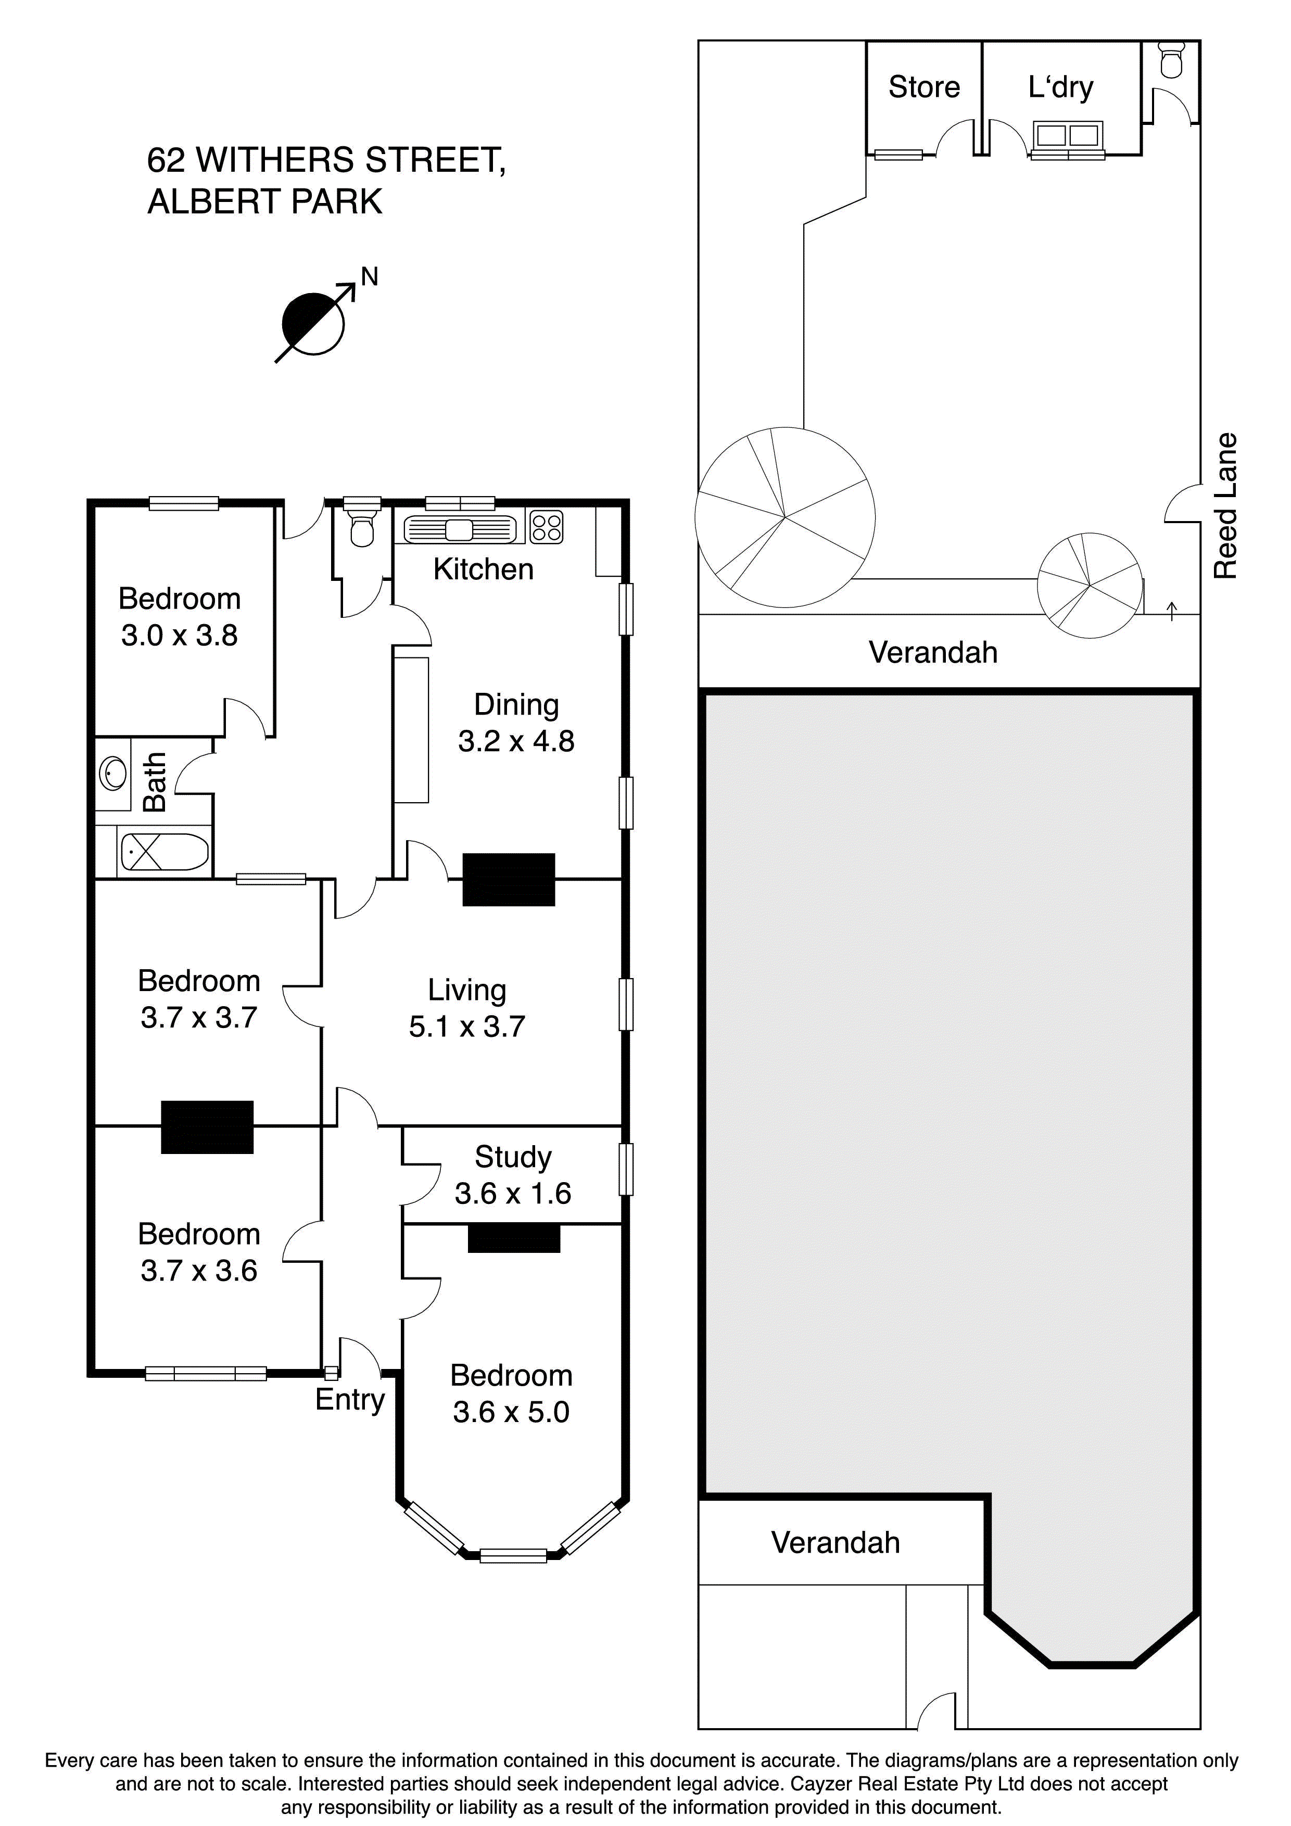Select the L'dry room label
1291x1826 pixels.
point(1060,87)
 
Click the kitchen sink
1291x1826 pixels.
point(459,530)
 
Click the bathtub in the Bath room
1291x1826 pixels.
point(164,852)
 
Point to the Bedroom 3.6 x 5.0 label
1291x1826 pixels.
point(512,1393)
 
